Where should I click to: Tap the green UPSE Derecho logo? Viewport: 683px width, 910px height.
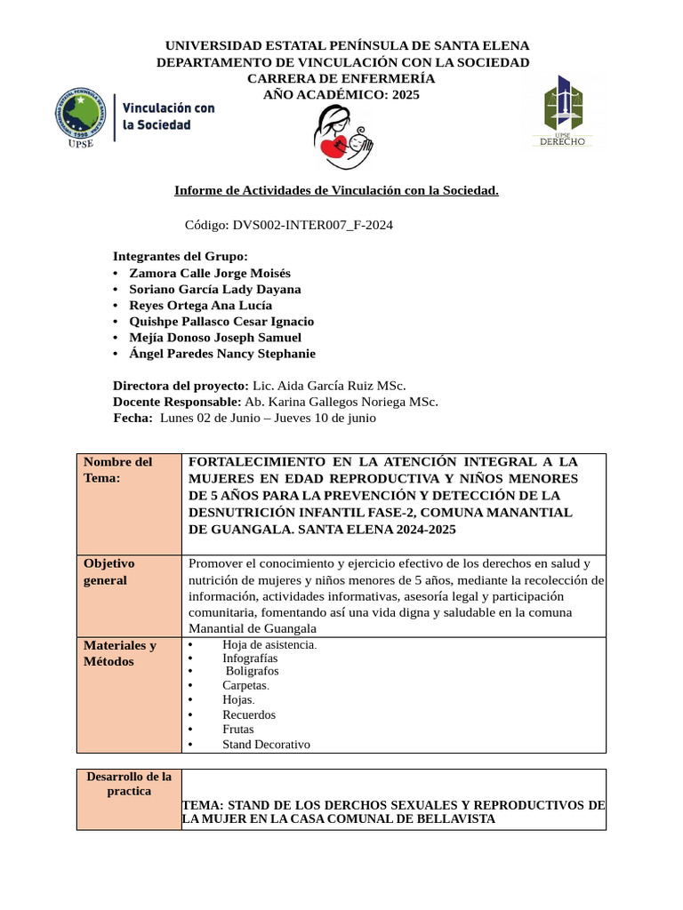[x=563, y=111]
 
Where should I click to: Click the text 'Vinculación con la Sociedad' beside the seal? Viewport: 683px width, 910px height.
[x=168, y=116]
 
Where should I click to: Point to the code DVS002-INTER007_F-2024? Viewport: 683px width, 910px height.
[x=288, y=226]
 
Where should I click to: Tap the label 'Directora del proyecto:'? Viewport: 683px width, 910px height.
[x=181, y=386]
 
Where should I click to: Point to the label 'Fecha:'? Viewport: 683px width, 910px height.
[x=133, y=418]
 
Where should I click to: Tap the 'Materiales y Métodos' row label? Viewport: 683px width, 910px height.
[x=120, y=653]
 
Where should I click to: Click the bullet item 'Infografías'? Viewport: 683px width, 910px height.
[x=250, y=659]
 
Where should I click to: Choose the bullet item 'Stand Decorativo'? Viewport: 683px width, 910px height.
[x=266, y=745]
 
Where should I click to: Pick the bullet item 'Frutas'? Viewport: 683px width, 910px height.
[x=238, y=730]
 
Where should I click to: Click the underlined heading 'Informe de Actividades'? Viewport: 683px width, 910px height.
[x=336, y=190]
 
